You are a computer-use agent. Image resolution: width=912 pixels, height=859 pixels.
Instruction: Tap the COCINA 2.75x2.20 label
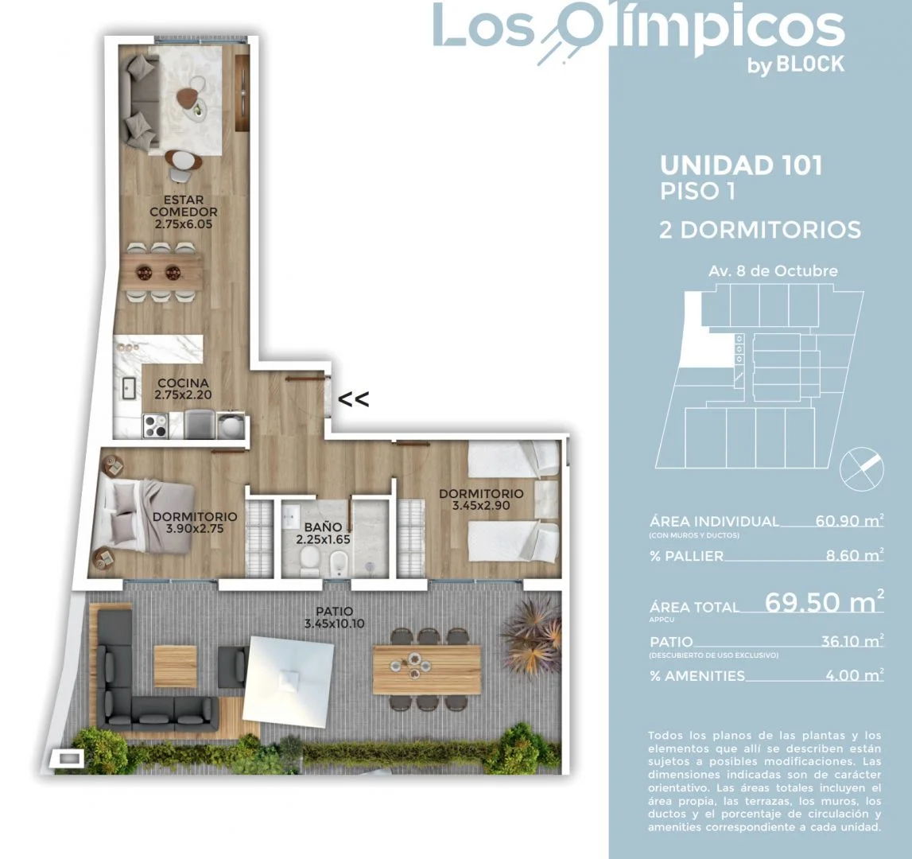183,389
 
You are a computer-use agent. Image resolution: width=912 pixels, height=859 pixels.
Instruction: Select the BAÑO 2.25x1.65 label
323,533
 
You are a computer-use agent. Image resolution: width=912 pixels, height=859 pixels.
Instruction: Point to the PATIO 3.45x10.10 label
335,617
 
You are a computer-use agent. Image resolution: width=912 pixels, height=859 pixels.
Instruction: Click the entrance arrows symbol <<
354,399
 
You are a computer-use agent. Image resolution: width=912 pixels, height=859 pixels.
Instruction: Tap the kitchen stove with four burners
155,426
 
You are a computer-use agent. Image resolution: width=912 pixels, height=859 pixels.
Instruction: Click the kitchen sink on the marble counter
129,388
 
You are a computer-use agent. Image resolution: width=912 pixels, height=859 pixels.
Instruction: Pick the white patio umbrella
289,678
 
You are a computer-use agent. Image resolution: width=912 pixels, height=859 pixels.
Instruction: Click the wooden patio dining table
427,669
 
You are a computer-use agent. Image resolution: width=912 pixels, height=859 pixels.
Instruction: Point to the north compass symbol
862,469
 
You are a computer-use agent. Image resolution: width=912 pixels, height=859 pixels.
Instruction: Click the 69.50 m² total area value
825,601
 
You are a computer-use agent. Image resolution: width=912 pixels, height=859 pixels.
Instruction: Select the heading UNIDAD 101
742,165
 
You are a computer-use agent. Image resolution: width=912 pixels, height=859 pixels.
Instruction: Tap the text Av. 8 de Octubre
773,270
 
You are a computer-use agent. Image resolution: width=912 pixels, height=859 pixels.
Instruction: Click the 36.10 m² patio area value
852,641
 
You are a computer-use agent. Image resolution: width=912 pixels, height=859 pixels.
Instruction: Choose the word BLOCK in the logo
810,64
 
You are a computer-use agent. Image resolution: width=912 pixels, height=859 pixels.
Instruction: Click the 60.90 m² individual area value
849,520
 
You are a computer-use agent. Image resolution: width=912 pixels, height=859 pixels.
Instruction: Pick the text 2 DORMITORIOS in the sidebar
760,230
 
